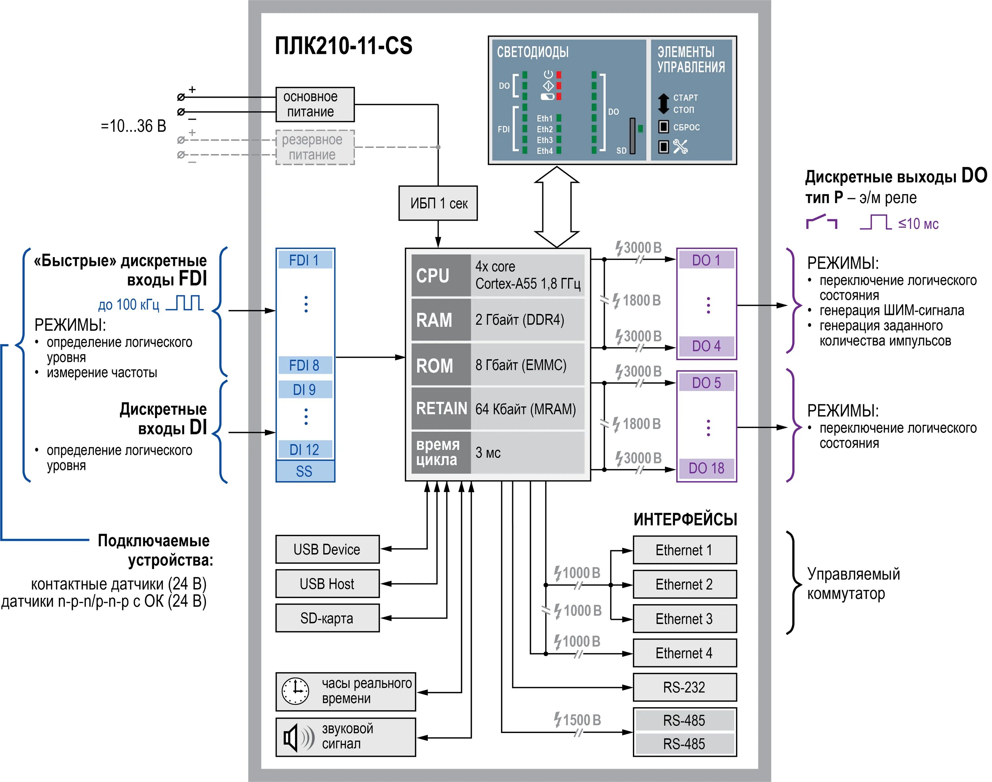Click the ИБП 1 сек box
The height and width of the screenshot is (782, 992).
(437, 203)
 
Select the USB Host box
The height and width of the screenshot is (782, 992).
(327, 584)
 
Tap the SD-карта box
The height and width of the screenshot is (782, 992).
(327, 618)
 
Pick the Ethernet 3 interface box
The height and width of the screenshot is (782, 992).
(684, 619)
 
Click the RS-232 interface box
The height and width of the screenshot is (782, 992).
(684, 687)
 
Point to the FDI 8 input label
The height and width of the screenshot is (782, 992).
(304, 365)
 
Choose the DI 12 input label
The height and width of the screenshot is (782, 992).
(304, 450)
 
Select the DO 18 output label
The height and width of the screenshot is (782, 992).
(707, 468)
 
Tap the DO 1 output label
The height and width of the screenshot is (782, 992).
(707, 260)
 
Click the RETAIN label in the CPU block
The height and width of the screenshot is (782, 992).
(441, 409)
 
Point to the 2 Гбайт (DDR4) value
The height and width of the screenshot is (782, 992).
(520, 320)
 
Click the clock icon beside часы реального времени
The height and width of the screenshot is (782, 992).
(295, 691)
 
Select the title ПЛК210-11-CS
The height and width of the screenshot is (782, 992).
(343, 46)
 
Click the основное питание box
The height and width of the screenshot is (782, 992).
(315, 105)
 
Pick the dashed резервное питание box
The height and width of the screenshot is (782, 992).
(315, 147)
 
